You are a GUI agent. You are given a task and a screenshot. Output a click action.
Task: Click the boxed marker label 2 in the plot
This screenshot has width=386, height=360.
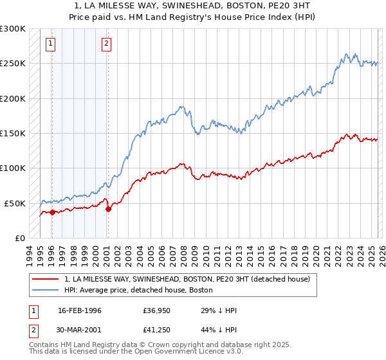point(107,44)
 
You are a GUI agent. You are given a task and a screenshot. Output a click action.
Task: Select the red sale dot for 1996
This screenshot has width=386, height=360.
point(51,212)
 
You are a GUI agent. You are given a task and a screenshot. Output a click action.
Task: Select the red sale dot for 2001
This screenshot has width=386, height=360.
point(108,209)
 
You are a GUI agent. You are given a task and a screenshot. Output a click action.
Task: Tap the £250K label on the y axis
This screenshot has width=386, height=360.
point(13,64)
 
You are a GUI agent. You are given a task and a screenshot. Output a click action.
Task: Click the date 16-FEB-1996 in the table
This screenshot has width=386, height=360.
point(80,310)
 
